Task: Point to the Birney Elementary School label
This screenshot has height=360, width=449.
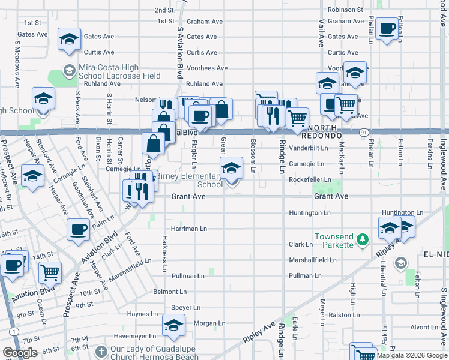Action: click(x=196, y=180)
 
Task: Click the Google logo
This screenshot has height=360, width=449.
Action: click(x=20, y=353)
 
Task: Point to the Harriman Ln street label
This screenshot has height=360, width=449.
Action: click(x=188, y=229)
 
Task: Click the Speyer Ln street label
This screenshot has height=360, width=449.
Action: click(x=185, y=307)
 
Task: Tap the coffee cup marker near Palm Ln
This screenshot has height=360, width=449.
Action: click(x=78, y=230)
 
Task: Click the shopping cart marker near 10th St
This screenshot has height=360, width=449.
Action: click(x=50, y=273)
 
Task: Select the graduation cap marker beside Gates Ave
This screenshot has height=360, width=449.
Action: click(x=70, y=40)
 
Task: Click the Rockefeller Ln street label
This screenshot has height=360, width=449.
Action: click(x=310, y=179)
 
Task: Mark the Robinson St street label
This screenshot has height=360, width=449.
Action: click(x=345, y=10)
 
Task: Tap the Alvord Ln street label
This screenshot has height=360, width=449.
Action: click(x=424, y=328)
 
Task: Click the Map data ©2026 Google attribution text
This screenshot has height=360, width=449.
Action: click(x=412, y=355)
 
